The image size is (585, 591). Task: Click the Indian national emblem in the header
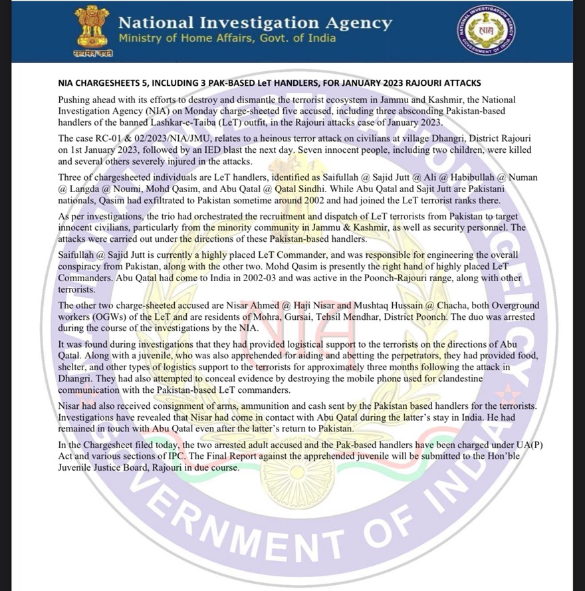coord(92,29)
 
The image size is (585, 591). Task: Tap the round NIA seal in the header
coord(487,33)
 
